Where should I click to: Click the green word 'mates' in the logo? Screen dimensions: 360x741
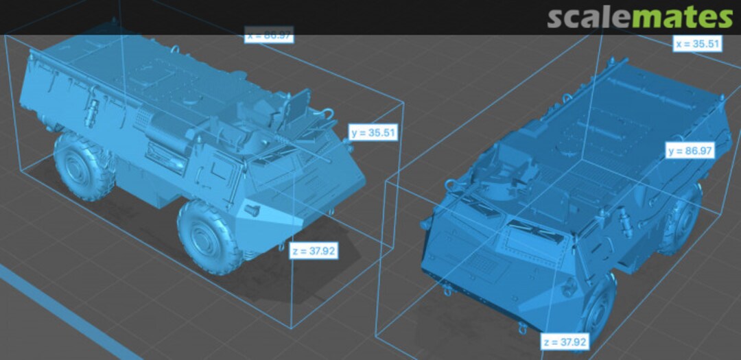pyautogui.click(x=681, y=17)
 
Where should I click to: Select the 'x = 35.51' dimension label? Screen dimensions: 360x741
pyautogui.click(x=697, y=44)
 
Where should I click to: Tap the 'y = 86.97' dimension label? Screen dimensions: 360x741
pyautogui.click(x=689, y=151)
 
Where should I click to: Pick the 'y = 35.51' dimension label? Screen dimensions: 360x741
pyautogui.click(x=373, y=132)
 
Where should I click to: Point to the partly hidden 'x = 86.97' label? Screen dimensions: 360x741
pyautogui.click(x=269, y=35)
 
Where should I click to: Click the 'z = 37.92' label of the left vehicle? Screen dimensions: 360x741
pyautogui.click(x=313, y=251)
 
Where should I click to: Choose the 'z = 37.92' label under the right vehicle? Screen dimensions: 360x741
pyautogui.click(x=564, y=341)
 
